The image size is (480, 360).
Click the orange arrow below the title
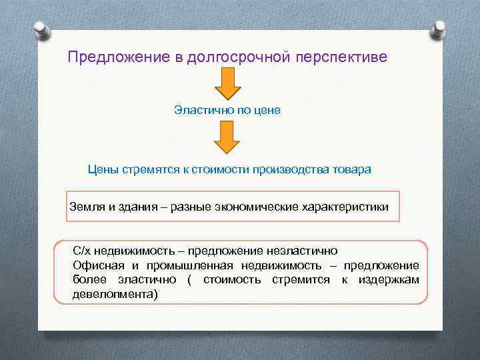click(x=227, y=84)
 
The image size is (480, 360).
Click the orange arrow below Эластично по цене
click(x=227, y=139)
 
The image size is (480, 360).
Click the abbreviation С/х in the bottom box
click(x=83, y=251)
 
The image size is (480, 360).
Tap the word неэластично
click(x=303, y=251)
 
